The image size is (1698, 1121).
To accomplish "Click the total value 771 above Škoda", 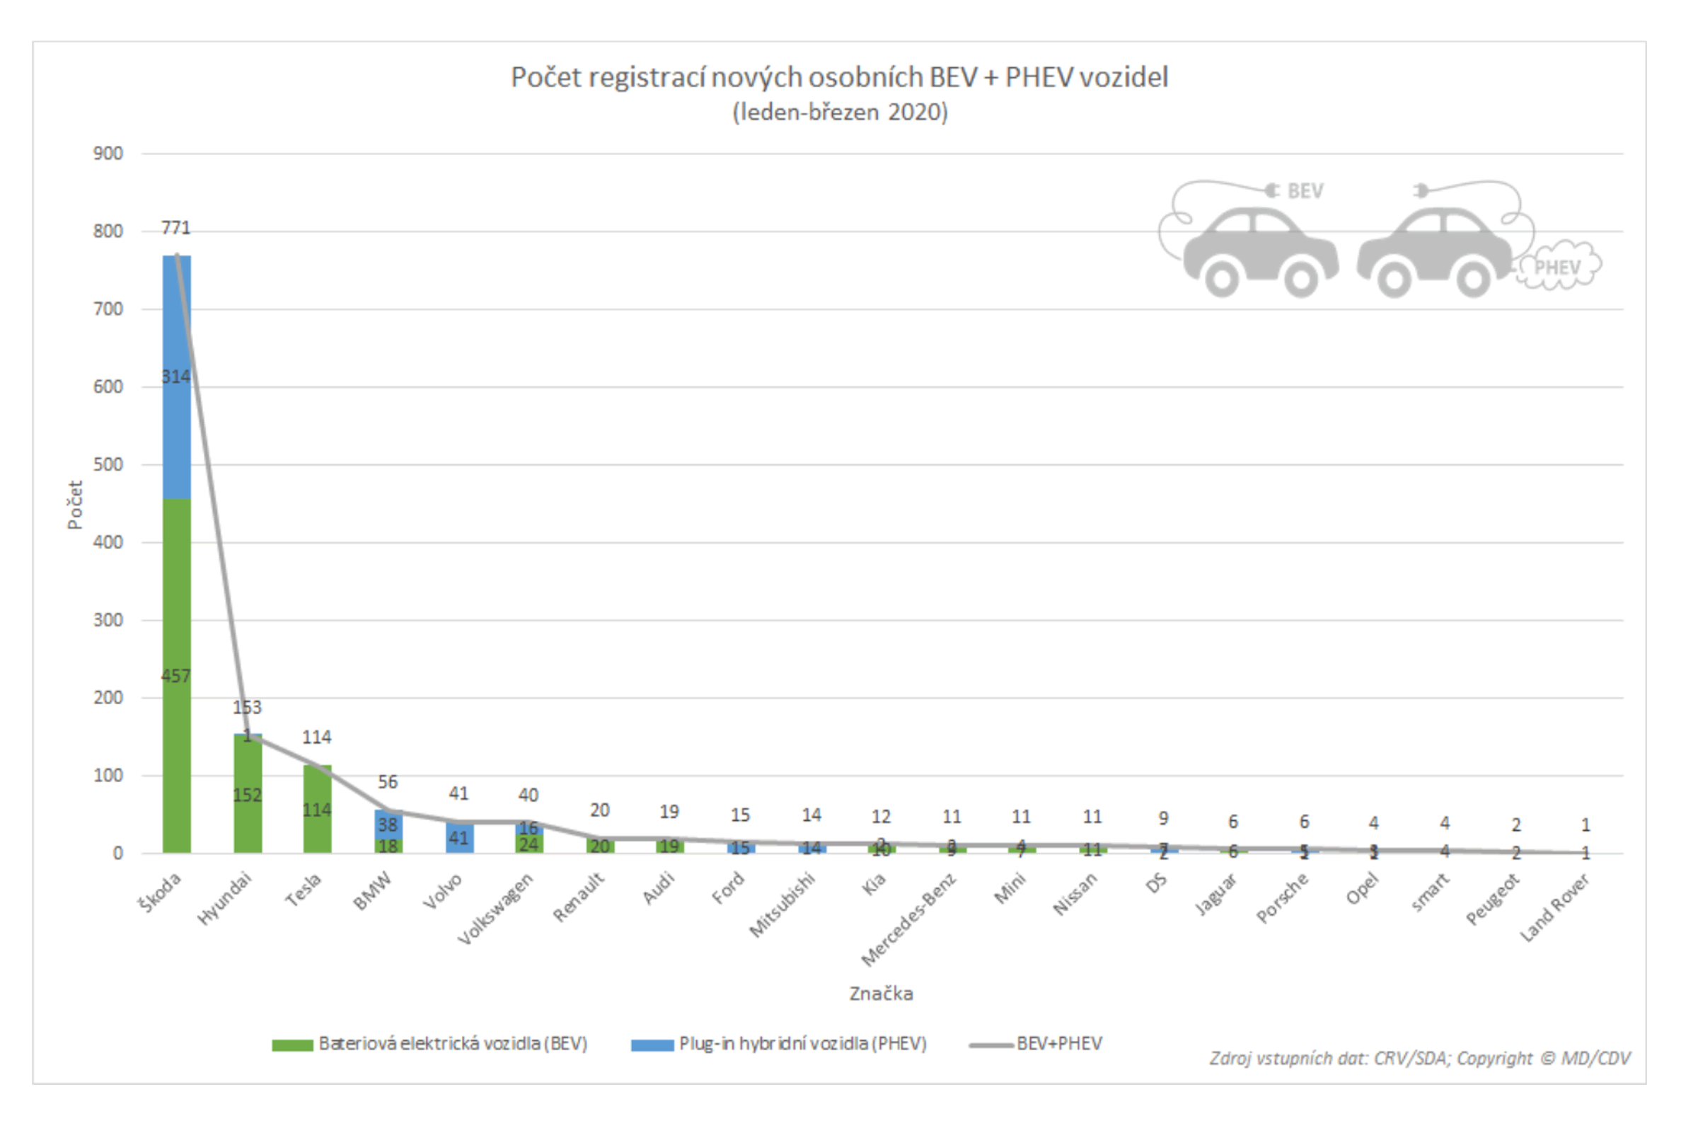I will (x=175, y=228).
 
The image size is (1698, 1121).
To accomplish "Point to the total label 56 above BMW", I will (x=387, y=782).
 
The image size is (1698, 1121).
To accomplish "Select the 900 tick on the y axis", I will (x=108, y=154).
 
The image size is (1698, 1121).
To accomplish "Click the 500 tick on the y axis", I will (x=108, y=465).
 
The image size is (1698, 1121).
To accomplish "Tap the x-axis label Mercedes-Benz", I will (x=908, y=920).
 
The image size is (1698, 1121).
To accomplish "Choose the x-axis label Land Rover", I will (x=1554, y=908).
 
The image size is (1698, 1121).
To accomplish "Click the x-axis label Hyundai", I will (x=224, y=899).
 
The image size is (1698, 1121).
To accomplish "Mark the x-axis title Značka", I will (x=880, y=994).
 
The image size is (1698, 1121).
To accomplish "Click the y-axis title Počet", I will (x=75, y=505).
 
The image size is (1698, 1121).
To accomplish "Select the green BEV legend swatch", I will (x=292, y=1045).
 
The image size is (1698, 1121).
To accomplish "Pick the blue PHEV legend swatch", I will (x=652, y=1045).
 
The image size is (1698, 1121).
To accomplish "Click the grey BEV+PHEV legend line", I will (x=990, y=1045).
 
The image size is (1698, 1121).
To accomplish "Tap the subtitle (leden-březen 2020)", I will (x=840, y=113).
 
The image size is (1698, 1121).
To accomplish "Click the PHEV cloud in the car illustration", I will (x=1558, y=268).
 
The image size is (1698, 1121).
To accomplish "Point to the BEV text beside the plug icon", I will (x=1305, y=191).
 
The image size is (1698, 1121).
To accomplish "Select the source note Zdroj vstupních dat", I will (x=1419, y=1058).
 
